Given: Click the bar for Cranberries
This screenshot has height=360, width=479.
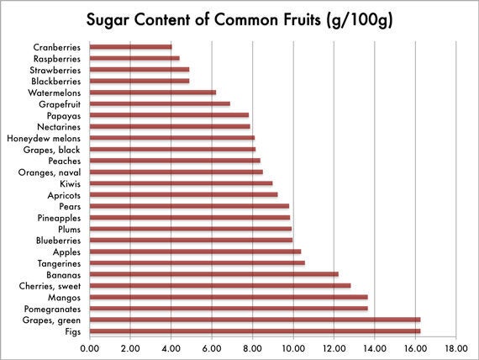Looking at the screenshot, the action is [x=131, y=47].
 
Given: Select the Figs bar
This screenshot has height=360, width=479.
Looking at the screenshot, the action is [x=255, y=331].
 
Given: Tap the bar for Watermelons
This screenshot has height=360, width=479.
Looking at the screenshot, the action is [x=153, y=93].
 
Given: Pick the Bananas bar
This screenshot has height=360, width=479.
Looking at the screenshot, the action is [x=214, y=274].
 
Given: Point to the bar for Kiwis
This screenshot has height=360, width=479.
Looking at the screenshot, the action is [x=182, y=183].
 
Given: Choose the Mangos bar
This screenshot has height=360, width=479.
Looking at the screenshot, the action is [x=229, y=297].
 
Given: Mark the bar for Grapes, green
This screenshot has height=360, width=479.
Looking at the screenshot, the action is [x=255, y=320].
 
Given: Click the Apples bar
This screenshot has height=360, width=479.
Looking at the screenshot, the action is [x=196, y=251].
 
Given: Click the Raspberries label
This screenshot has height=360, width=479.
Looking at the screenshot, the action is [x=57, y=59].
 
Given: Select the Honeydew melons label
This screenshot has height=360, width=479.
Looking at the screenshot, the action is [x=44, y=138].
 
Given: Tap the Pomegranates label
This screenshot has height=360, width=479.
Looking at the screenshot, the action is [x=52, y=309].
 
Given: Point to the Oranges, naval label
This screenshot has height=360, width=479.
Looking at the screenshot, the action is [x=50, y=172].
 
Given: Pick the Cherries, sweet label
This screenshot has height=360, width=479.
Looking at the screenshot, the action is [x=50, y=286].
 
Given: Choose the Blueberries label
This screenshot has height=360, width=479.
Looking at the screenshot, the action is [x=58, y=241].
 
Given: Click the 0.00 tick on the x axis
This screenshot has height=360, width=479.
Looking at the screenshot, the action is [x=90, y=348].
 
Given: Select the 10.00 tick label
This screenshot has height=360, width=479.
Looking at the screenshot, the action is [x=293, y=348].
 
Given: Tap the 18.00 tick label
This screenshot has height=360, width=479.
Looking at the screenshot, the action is [x=456, y=348].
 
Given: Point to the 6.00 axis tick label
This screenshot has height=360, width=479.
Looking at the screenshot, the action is [x=212, y=348].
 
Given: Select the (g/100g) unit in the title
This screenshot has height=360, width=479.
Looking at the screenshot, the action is [x=360, y=21].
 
